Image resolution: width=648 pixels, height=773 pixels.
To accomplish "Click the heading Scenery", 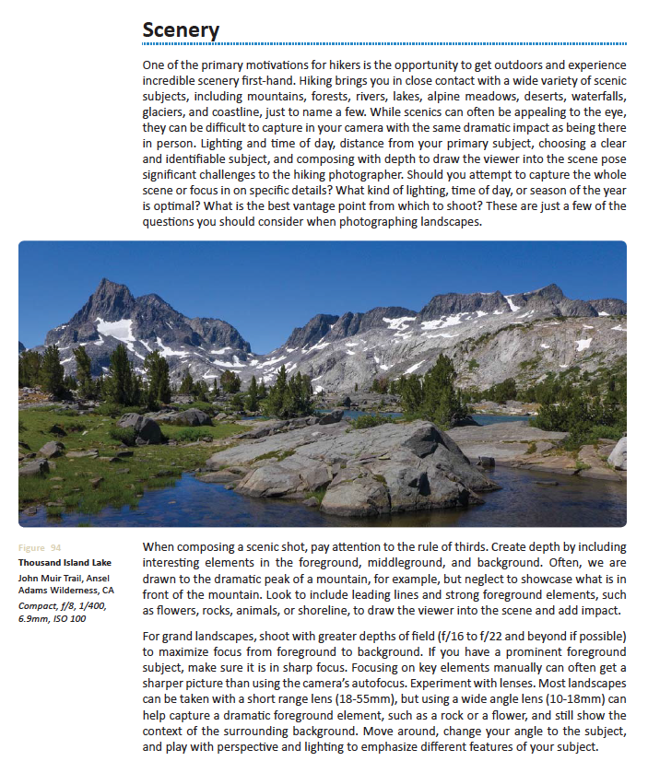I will (181, 29).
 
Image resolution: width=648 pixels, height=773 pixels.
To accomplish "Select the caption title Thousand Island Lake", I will (65, 562).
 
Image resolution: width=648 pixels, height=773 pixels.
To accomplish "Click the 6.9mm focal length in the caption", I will (34, 617).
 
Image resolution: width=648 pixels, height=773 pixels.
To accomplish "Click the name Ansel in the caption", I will (98, 578).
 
